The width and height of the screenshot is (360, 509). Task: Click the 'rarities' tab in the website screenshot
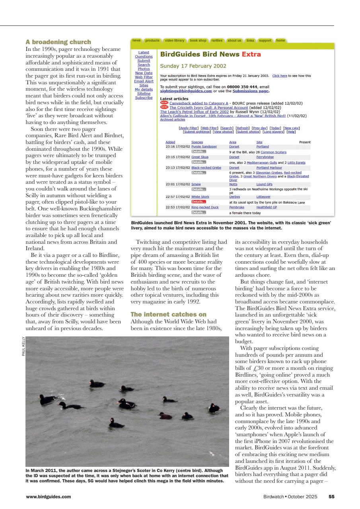click(217, 41)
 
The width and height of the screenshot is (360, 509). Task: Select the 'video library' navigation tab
click(174, 41)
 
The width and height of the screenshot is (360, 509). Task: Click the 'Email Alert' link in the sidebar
click(144, 81)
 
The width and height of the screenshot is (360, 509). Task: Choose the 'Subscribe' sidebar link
click(144, 97)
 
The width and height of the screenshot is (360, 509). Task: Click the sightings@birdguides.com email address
click(186, 91)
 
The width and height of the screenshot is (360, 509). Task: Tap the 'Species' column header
click(197, 142)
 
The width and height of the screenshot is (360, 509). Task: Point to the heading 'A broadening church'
click(58, 42)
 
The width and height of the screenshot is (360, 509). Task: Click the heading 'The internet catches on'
click(169, 314)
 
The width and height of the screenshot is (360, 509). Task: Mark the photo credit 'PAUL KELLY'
click(23, 347)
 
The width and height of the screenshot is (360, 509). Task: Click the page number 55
click(331, 496)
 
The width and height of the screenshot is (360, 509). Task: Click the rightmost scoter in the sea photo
click(214, 408)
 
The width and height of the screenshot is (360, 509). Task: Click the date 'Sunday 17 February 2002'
click(193, 66)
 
